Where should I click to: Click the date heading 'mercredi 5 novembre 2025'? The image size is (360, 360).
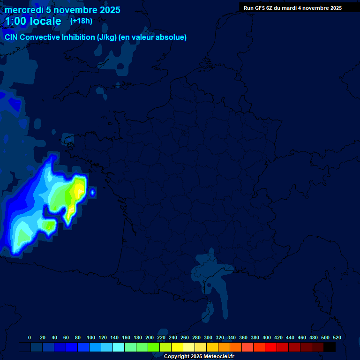point(62,10)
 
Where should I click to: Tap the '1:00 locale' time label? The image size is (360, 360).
point(33,21)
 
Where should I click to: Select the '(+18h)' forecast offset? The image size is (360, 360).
point(81,21)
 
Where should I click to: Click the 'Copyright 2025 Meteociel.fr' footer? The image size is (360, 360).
point(199,356)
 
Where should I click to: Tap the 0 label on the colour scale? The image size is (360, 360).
point(30,337)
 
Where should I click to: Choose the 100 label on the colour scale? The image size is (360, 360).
point(91,337)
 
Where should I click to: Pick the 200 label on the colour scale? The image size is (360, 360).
point(150,337)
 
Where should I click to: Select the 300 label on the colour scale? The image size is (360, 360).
point(208,337)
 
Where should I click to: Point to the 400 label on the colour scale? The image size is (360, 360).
point(267,337)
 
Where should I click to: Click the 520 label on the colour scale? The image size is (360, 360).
point(337,337)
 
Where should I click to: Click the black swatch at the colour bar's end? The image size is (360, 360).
point(330,347)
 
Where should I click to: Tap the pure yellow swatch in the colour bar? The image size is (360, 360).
point(177,347)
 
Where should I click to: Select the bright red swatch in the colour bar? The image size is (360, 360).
point(271,347)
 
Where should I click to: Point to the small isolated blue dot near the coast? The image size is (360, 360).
point(92,192)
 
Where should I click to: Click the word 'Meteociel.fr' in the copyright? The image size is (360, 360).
point(218,356)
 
